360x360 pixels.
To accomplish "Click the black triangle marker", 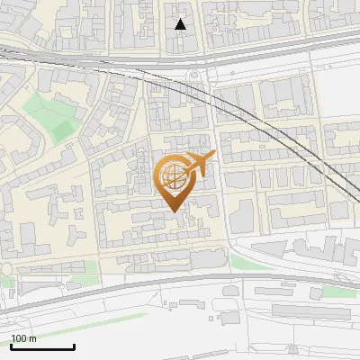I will (x=181, y=24).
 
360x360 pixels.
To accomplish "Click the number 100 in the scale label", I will (x=19, y=338).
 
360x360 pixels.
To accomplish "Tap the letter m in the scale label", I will (x=32, y=338).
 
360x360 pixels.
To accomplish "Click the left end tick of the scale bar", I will (x=11, y=346).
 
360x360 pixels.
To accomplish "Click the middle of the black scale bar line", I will (x=42, y=347).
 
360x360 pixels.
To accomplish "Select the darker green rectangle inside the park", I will (x=62, y=131).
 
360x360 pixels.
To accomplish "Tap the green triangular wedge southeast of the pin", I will (x=241, y=262).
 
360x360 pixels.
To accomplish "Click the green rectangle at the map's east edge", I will (x=337, y=292).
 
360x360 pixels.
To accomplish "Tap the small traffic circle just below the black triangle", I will (x=194, y=75).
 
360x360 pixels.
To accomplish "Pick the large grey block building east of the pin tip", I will (x=242, y=217).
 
